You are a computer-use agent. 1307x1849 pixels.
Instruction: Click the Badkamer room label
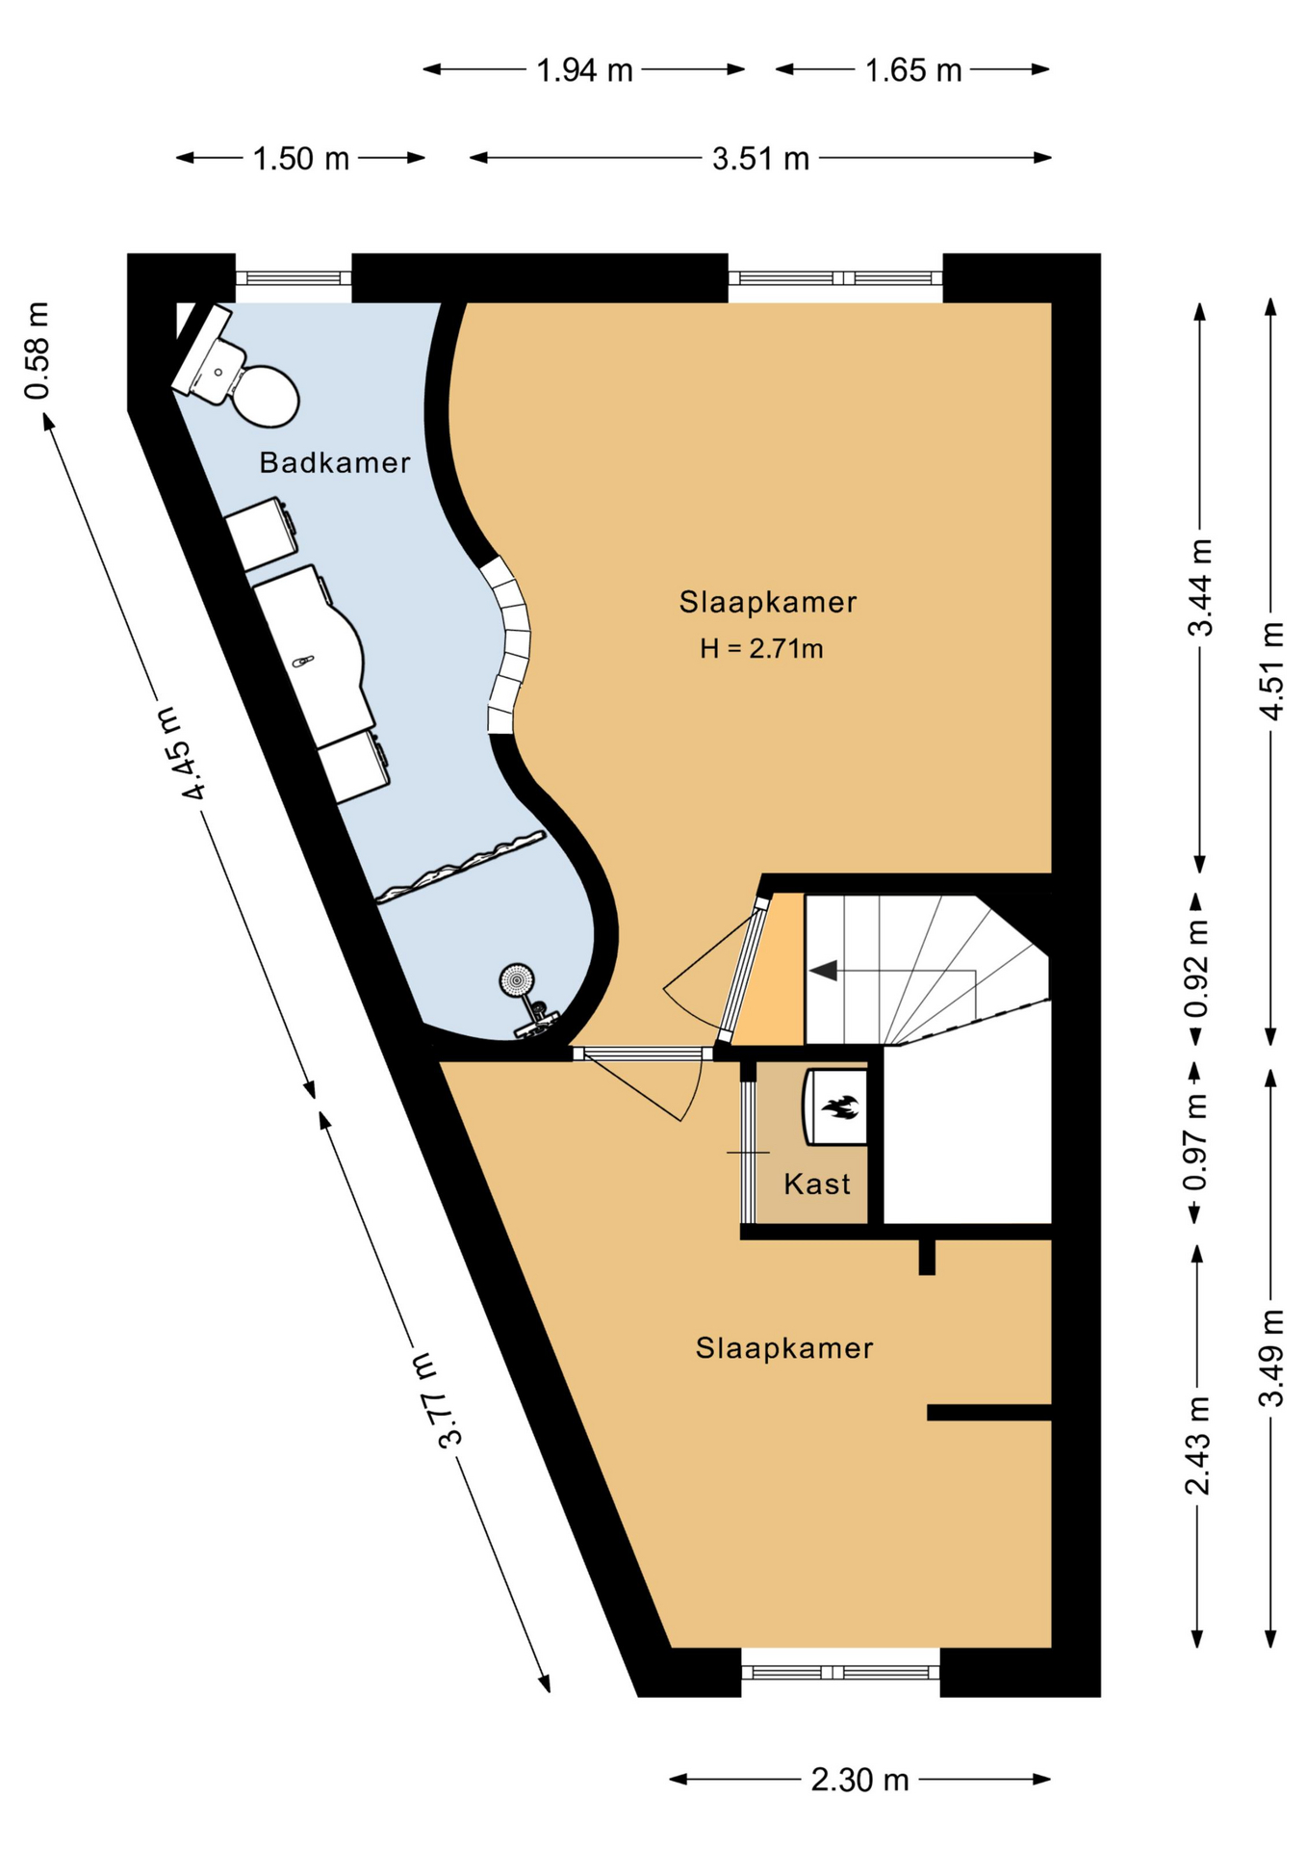coord(335,463)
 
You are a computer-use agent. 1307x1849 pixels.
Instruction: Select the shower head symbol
coord(517,980)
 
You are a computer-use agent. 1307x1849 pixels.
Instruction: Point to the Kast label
coord(817,1184)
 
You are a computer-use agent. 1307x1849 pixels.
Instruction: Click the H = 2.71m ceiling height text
coord(761,649)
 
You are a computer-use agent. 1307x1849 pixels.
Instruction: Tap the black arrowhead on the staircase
coord(823,971)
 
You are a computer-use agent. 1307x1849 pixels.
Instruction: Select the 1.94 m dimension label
coord(584,70)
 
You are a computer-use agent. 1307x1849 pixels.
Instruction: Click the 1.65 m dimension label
coord(913,70)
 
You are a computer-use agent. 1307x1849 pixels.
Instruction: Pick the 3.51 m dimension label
coord(760,159)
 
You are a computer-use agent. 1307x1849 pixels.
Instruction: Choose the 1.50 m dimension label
coord(301,159)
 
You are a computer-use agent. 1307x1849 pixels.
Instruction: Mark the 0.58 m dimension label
coord(37,351)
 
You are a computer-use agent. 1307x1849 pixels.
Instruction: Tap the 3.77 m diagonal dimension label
coord(437,1400)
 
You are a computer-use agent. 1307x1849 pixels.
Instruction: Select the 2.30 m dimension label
coord(859,1781)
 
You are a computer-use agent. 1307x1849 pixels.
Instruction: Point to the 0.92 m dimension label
coord(1196,968)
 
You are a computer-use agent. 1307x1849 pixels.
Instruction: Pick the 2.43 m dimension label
coord(1196,1445)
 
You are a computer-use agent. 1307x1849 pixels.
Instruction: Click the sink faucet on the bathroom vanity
coord(303,662)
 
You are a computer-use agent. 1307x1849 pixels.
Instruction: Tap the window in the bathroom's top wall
coord(294,278)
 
